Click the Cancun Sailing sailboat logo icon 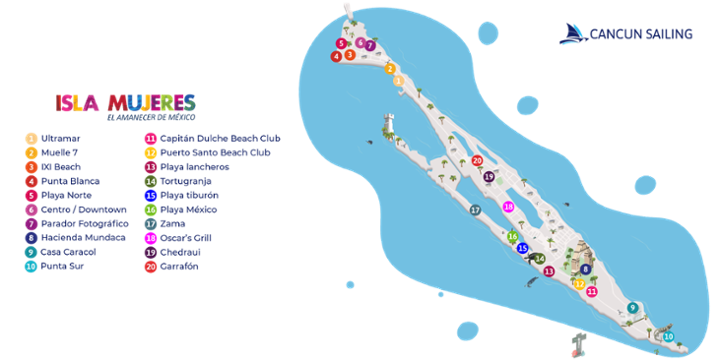pyautogui.click(x=572, y=34)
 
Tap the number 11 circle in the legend pyautogui.click(x=150, y=138)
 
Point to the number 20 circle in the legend pyautogui.click(x=150, y=267)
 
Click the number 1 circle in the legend pyautogui.click(x=32, y=138)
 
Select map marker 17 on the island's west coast pyautogui.click(x=475, y=210)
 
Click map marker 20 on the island pyautogui.click(x=477, y=160)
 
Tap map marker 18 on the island pyautogui.click(x=508, y=206)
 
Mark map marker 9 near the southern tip pyautogui.click(x=632, y=307)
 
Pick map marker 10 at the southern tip pyautogui.click(x=668, y=336)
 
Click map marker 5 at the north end pyautogui.click(x=341, y=44)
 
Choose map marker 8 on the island pyautogui.click(x=585, y=269)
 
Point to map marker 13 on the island pyautogui.click(x=548, y=271)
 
